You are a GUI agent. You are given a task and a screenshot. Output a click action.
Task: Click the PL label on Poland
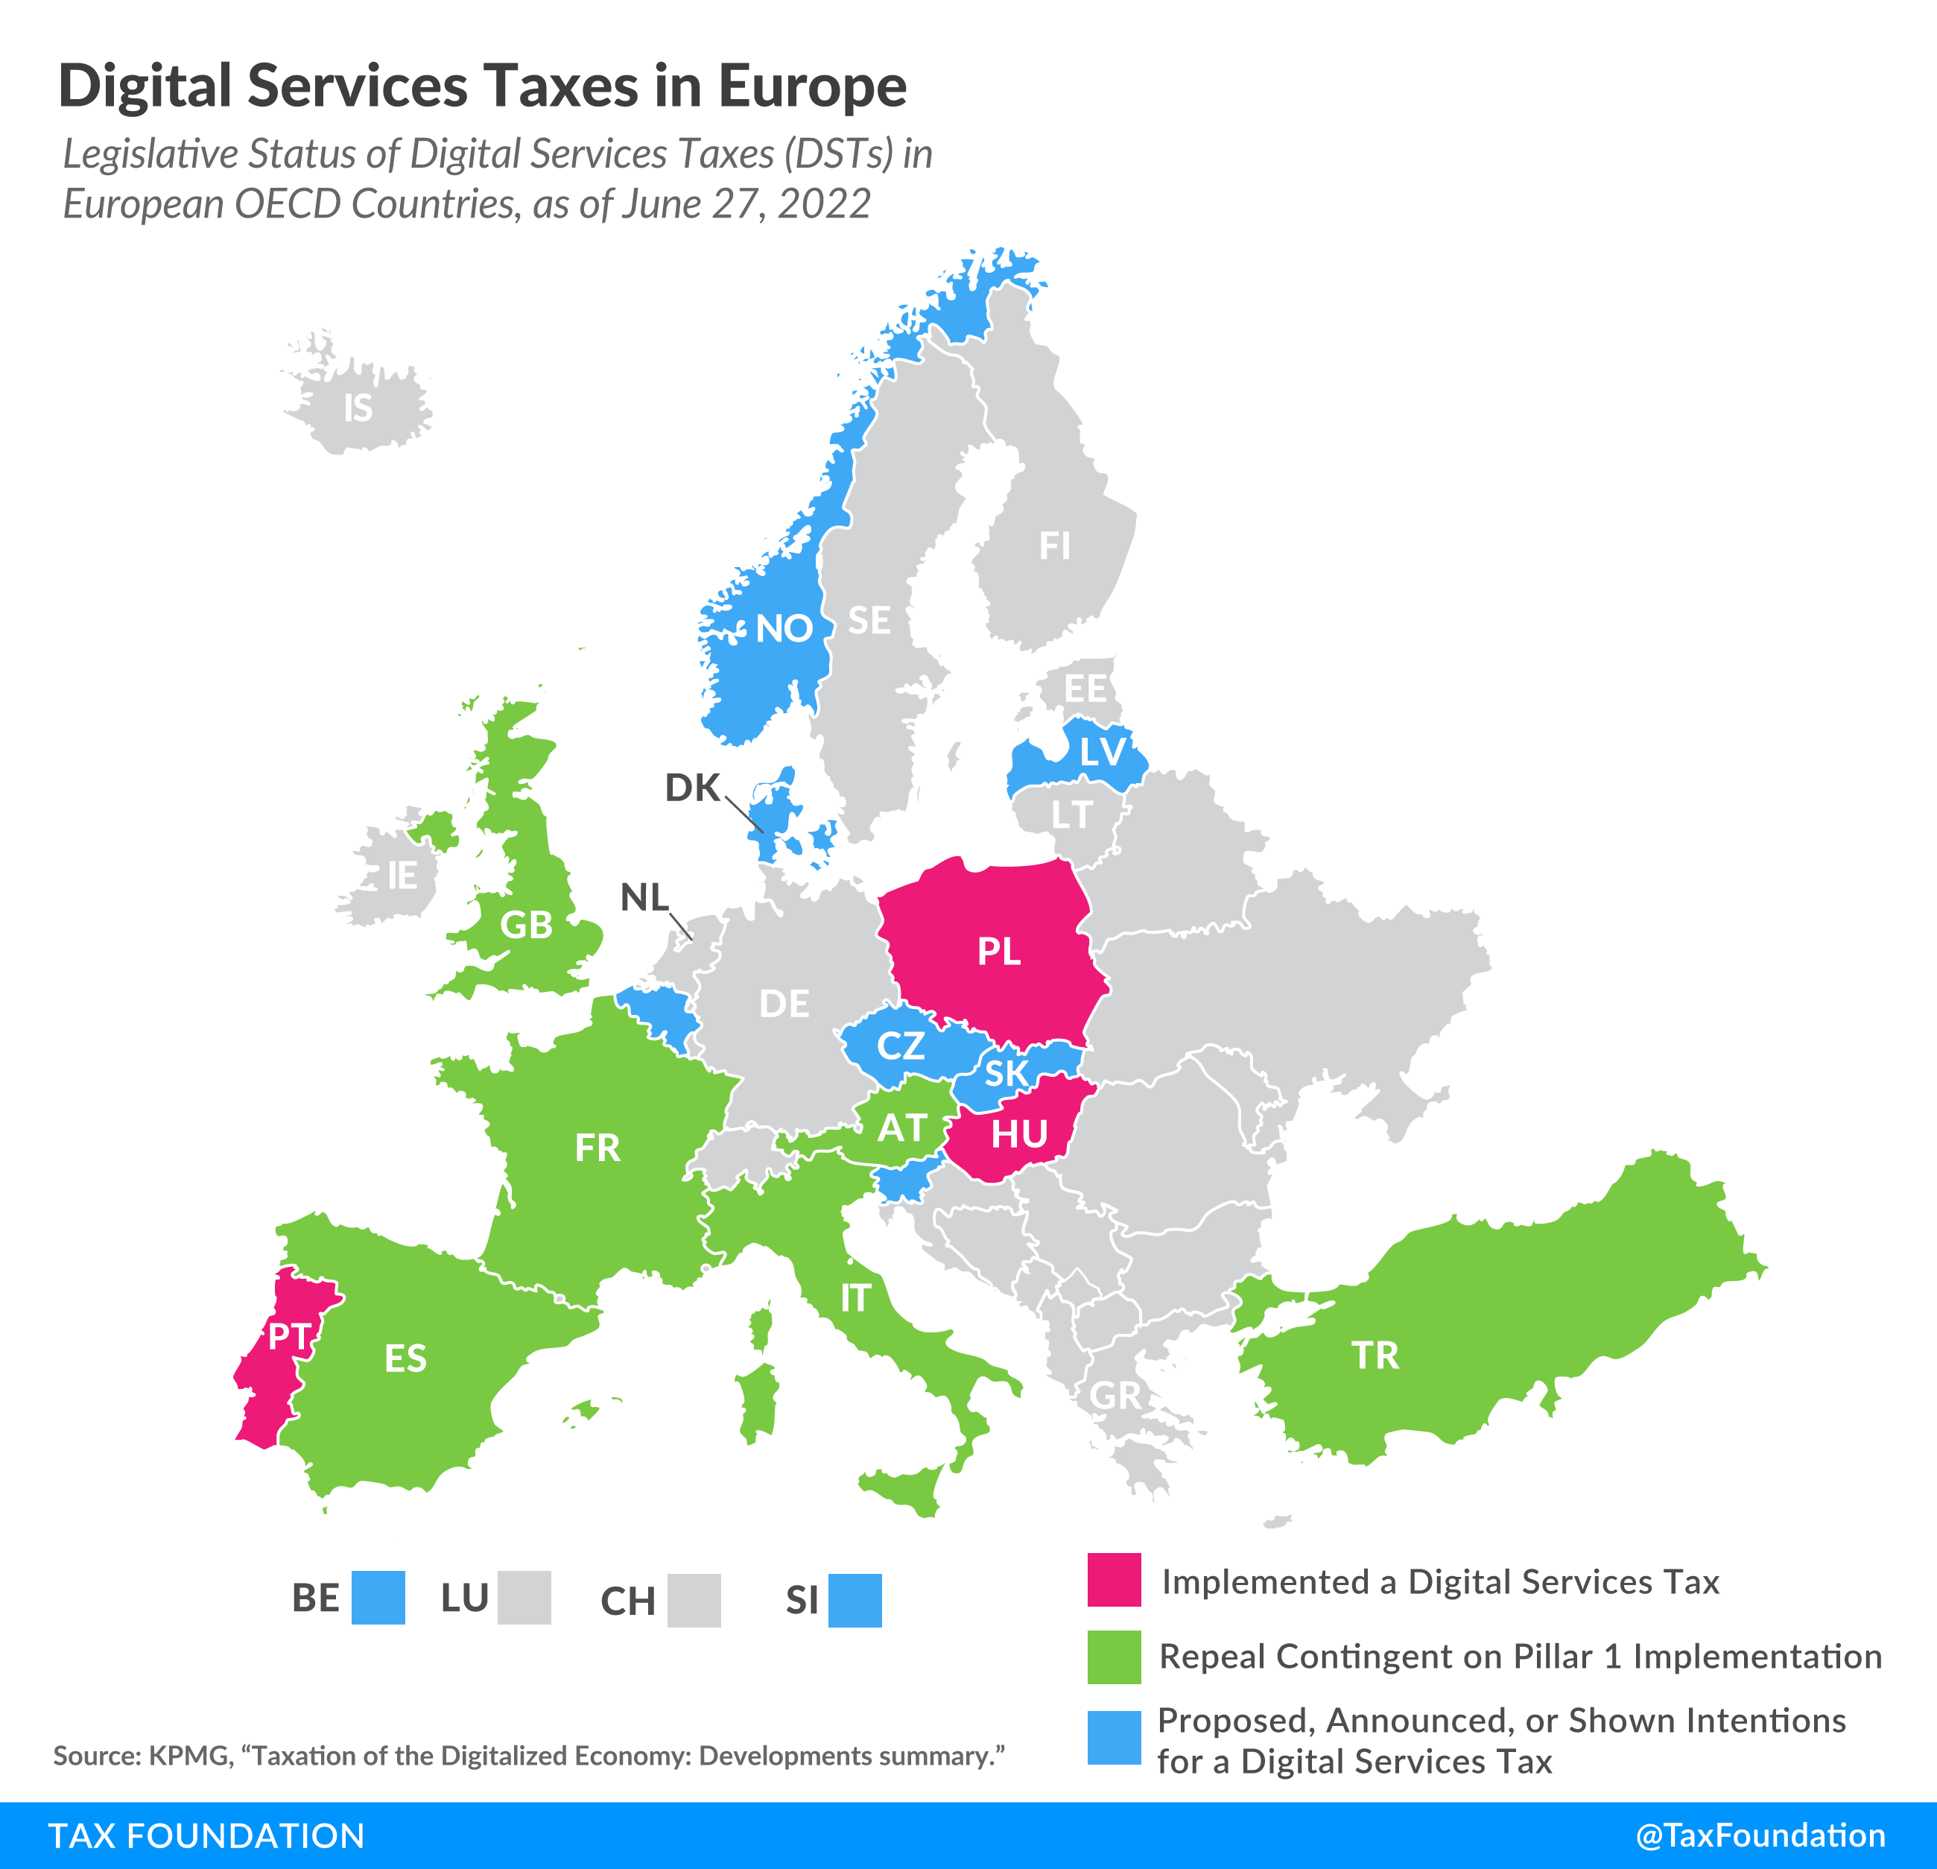998,952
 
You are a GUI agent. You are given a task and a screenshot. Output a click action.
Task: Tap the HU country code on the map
1019,1133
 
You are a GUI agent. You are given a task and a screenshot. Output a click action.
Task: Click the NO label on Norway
784,629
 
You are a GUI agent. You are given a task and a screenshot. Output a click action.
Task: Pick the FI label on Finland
1054,545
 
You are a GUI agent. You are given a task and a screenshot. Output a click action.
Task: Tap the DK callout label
692,788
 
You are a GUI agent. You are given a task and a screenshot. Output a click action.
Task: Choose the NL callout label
644,897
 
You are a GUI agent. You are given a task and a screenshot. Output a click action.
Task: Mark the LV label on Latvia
1102,752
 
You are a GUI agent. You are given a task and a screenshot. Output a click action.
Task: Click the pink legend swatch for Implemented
1114,1579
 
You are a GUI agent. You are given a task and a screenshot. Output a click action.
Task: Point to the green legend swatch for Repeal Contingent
1114,1657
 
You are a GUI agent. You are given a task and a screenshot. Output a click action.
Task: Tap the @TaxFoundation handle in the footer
1760,1835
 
